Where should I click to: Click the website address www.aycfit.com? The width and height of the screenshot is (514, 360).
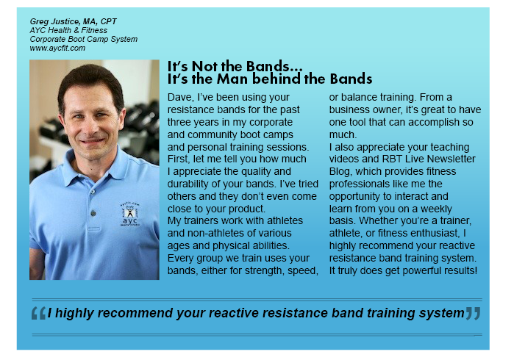(x=57, y=48)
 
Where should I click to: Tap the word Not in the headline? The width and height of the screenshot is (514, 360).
(x=204, y=66)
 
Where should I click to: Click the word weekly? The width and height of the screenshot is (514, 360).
(x=436, y=209)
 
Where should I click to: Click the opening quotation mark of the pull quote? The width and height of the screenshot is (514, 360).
(x=38, y=314)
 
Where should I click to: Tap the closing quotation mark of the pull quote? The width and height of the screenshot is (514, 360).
(x=474, y=314)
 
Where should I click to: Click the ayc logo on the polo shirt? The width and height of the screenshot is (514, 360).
(x=130, y=215)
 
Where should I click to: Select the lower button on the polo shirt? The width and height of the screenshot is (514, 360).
(x=93, y=214)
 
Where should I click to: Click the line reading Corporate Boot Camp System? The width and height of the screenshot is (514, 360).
(x=84, y=40)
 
